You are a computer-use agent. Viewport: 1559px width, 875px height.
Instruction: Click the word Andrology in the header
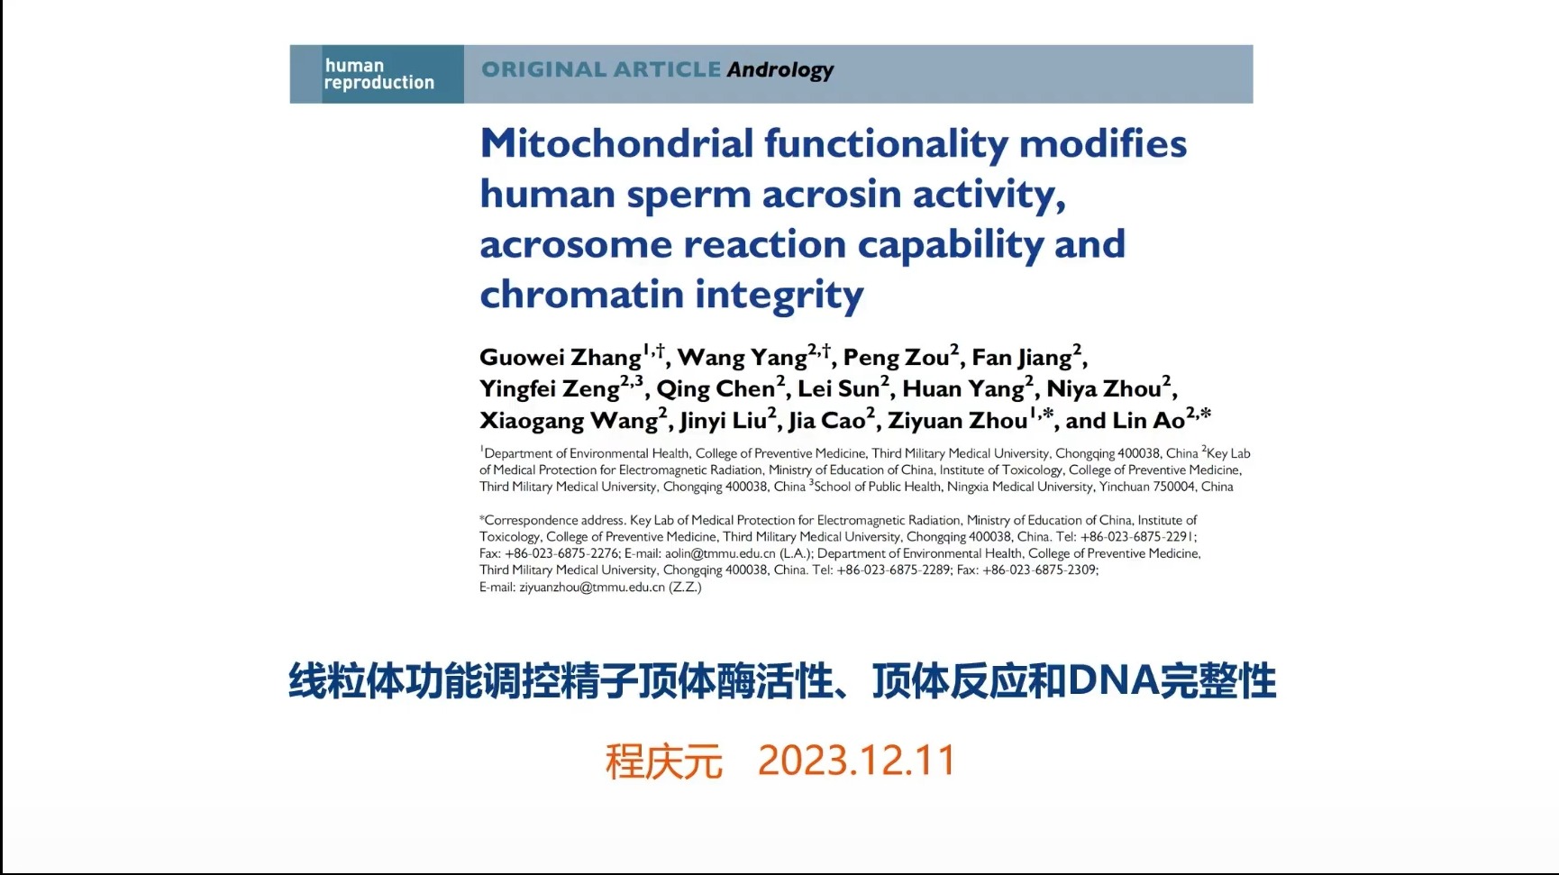780,70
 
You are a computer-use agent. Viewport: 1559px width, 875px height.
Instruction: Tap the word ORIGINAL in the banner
543,69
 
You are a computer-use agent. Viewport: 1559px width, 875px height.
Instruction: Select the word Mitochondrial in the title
616,143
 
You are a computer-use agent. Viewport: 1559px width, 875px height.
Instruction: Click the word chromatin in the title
581,294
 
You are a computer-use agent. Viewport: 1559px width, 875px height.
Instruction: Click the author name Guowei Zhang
561,358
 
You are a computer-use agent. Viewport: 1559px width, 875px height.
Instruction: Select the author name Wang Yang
742,358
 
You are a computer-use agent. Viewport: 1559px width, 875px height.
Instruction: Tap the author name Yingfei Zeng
550,389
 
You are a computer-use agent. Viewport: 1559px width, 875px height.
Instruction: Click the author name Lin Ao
1148,421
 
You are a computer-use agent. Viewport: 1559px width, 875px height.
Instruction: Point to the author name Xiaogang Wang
569,421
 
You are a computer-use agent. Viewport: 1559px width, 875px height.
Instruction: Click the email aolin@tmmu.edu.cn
720,553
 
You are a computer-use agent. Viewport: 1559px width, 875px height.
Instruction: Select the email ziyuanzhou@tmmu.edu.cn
591,587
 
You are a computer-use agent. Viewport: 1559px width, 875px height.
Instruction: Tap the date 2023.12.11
856,761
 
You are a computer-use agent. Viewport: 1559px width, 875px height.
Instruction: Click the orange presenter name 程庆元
664,761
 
